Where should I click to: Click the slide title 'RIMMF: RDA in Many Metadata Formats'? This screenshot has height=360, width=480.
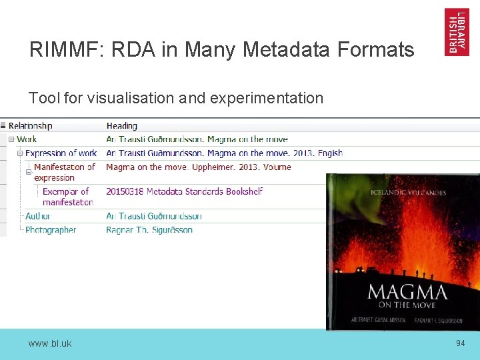point(221,50)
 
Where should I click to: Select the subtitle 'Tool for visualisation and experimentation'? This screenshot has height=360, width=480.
point(176,99)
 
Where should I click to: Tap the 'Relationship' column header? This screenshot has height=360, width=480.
point(31,125)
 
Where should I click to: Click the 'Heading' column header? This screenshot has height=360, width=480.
point(122,125)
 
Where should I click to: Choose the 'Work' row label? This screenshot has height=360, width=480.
point(27,139)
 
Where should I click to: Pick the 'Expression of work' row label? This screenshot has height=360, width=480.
point(61,153)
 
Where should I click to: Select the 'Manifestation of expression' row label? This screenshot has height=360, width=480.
point(64,172)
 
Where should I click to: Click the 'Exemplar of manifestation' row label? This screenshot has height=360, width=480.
point(67,197)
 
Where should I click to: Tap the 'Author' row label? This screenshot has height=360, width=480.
point(37,216)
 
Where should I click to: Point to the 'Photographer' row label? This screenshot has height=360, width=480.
point(51,230)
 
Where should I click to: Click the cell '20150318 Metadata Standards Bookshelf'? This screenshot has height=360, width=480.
point(185,191)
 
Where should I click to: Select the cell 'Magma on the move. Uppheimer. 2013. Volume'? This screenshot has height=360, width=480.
point(199,167)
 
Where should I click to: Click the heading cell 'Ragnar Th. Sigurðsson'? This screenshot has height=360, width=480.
point(149,230)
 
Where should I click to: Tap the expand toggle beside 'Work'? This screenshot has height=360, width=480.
point(11,139)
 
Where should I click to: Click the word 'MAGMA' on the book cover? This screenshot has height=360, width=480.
point(407,291)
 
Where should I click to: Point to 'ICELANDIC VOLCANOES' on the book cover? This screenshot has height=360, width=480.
point(408,193)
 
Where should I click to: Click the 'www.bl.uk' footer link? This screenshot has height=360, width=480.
point(50,343)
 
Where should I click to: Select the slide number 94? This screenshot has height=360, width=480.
point(460,343)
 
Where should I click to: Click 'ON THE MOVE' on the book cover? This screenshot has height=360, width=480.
point(403,305)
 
